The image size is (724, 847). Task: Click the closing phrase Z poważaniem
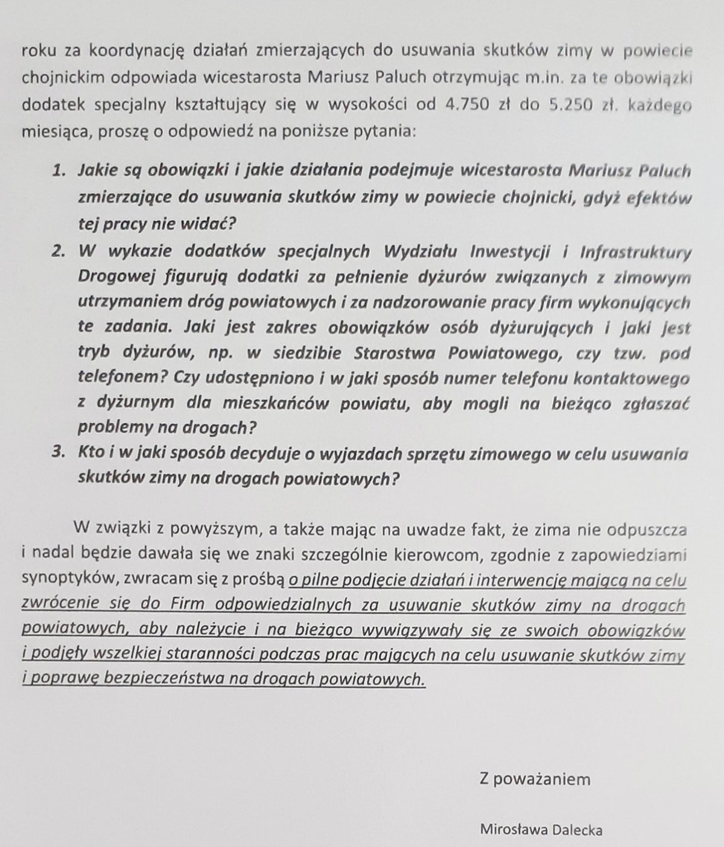pos(535,779)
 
